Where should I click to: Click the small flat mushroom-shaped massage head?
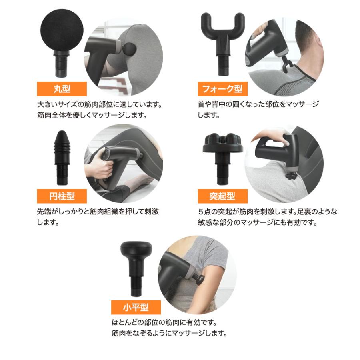point(136,264)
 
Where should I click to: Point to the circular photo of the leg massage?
point(124,164)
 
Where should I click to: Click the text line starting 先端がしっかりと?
point(98,212)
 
